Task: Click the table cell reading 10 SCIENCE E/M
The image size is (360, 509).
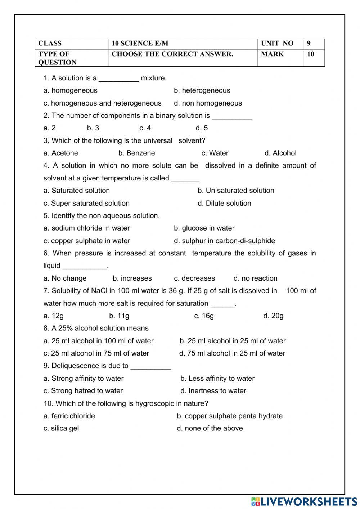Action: (140, 44)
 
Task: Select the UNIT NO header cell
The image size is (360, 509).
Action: (277, 44)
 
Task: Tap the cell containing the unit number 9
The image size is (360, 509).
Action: (309, 44)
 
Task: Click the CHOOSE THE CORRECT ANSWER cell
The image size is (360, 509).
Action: (172, 54)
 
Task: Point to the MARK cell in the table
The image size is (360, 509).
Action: (272, 54)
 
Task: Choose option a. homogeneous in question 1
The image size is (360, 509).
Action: (71, 90)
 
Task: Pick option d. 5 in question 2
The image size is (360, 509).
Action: (202, 128)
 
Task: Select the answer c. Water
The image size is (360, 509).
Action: (215, 153)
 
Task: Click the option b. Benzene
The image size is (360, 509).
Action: (137, 153)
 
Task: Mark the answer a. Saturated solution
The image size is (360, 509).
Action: (77, 191)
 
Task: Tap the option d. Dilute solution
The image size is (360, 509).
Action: (224, 203)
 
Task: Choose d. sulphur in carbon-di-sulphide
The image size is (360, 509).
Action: (224, 241)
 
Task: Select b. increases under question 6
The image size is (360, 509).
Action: (132, 278)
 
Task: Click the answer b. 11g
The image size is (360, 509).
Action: (119, 316)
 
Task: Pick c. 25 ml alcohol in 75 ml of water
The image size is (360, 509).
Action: (96, 353)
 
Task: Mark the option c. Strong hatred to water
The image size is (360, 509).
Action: (83, 391)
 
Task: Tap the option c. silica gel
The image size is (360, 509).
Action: (61, 428)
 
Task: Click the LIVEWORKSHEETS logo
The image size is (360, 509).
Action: (304, 501)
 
